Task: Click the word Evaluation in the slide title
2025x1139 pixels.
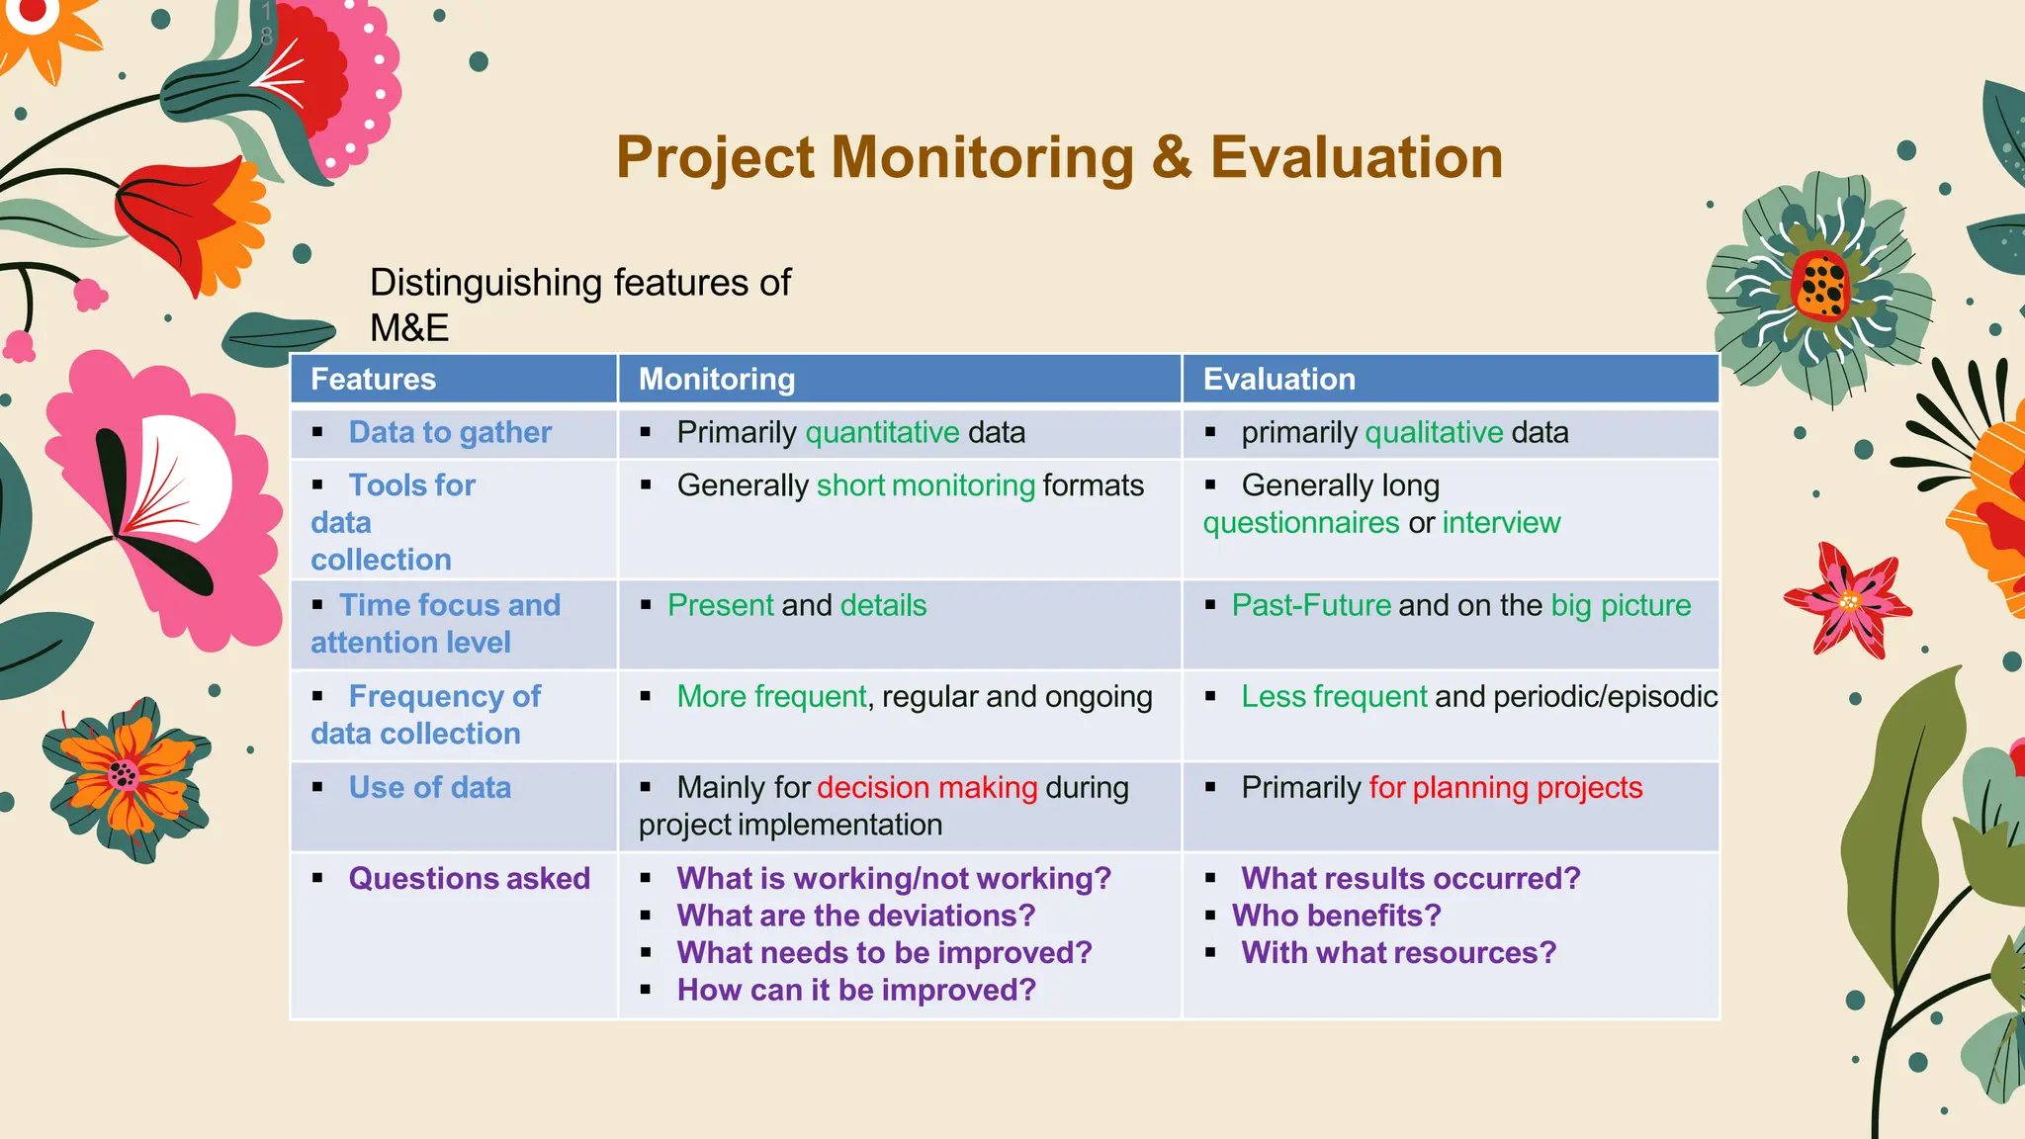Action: (1356, 158)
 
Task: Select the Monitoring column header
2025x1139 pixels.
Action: (716, 380)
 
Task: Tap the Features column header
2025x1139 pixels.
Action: (373, 380)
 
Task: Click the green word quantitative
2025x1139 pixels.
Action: (882, 433)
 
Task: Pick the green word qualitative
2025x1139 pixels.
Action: (1434, 433)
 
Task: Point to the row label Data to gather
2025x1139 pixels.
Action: (450, 433)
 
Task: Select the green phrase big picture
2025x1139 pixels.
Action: (1621, 605)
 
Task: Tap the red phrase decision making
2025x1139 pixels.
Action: (926, 788)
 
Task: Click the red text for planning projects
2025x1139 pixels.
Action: (1505, 788)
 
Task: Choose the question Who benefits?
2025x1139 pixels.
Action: (1336, 916)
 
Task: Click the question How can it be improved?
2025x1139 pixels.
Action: (856, 991)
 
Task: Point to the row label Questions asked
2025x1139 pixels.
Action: (469, 879)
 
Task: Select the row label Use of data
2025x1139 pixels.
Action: (429, 788)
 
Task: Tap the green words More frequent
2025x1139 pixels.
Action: (771, 697)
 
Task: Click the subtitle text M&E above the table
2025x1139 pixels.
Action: (409, 328)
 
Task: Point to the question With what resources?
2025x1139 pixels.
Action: (1398, 953)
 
